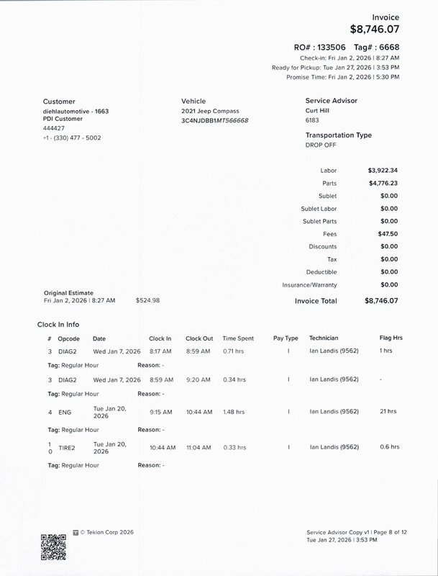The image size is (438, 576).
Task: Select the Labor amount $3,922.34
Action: point(382,171)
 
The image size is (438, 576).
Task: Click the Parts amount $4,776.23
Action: point(382,183)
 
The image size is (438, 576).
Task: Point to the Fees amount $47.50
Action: point(387,234)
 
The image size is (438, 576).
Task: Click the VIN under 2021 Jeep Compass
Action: point(215,121)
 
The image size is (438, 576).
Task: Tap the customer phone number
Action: point(72,138)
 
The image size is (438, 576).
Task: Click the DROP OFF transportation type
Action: point(321,145)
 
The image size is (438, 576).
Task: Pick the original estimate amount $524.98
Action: point(147,300)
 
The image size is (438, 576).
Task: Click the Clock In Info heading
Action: point(63,324)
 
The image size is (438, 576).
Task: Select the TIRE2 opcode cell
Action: point(67,447)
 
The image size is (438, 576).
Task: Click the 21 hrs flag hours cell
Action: point(388,412)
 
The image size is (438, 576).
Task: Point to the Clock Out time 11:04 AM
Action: point(198,447)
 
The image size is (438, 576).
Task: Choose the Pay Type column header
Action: point(286,338)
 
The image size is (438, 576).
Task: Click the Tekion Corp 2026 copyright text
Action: point(106,532)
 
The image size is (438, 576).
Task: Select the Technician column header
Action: point(324,338)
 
